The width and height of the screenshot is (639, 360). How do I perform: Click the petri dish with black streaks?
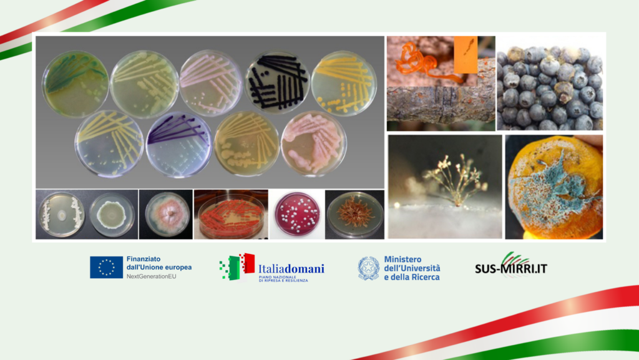tap(278, 82)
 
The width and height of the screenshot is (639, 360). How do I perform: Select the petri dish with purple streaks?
tap(179, 145)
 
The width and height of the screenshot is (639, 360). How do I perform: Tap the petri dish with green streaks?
tap(76, 84)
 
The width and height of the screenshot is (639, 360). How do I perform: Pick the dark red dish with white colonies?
tap(297, 214)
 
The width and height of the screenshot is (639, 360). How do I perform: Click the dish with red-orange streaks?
tap(231, 215)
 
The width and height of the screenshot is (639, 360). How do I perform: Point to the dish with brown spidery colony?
tap(355, 215)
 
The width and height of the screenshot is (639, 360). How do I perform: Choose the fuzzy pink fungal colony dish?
tap(167, 215)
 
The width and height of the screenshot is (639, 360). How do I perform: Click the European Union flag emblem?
tap(106, 267)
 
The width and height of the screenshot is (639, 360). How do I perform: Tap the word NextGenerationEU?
tap(151, 276)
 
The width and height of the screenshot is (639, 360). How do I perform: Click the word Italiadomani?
tap(291, 269)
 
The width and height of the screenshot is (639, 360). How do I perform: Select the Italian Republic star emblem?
tap(369, 268)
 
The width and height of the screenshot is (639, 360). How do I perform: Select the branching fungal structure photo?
tap(445, 187)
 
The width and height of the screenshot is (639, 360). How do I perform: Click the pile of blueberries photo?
tap(550, 83)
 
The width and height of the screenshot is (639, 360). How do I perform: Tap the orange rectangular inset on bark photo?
tap(466, 54)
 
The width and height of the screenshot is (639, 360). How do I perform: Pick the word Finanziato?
tap(144, 259)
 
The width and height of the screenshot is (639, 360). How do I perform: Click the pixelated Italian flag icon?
tap(237, 267)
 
